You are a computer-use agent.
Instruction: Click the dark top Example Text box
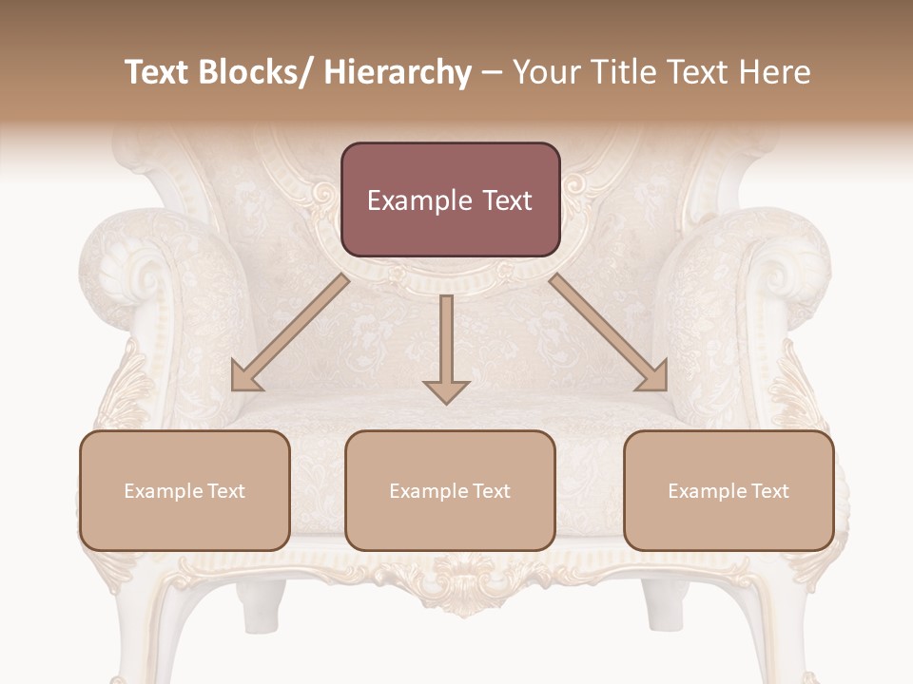tap(450, 199)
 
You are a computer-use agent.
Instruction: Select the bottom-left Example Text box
tap(185, 490)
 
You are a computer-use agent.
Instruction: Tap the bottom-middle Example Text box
tap(450, 490)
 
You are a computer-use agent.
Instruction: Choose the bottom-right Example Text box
tap(728, 490)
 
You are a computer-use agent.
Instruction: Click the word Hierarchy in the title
tap(398, 72)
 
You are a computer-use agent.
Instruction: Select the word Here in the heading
tap(776, 72)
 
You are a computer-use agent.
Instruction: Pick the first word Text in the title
tap(158, 72)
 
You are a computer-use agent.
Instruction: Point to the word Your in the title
tap(543, 72)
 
